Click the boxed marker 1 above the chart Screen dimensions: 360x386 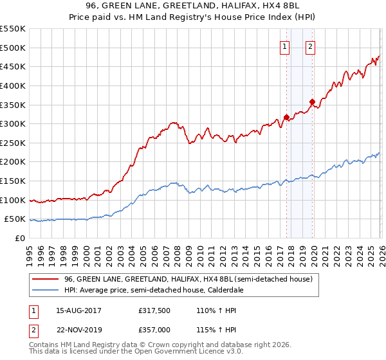[x=284, y=46]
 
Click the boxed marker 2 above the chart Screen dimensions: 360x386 [x=310, y=46]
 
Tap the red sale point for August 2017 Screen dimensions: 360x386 [x=286, y=118]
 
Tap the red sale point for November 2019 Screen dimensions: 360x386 [x=312, y=102]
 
